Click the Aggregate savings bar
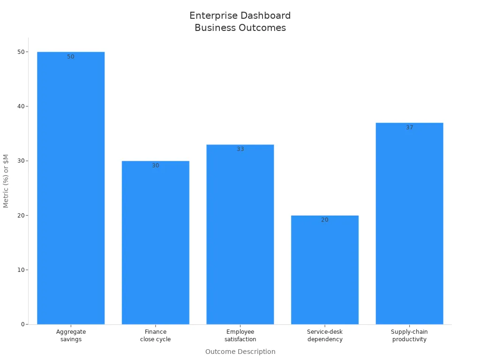point(71,187)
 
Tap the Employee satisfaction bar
point(240,234)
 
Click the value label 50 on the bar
point(71,57)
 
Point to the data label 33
point(240,149)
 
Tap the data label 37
point(409,127)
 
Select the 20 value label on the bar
point(325,220)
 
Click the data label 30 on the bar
point(156,165)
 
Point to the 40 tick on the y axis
point(21,106)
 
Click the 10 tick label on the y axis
point(21,270)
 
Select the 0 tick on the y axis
point(22,324)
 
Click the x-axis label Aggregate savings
point(71,336)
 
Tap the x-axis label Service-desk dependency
point(325,336)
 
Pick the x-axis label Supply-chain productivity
point(409,336)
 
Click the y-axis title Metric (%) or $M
point(6,180)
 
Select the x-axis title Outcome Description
point(240,352)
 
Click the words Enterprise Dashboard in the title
point(240,15)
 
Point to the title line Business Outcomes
point(240,28)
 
